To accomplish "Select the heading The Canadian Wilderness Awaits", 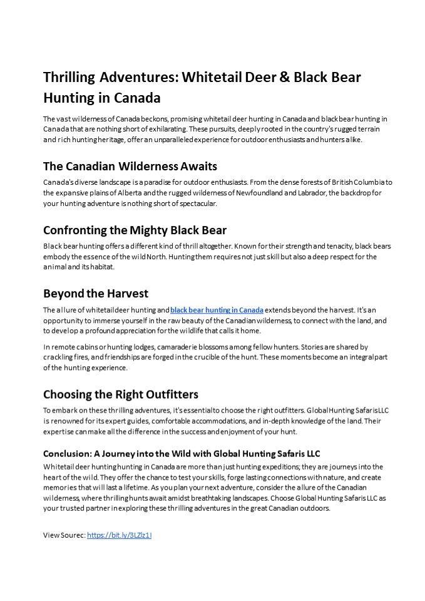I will pyautogui.click(x=130, y=166).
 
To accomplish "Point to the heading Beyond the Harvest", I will pyautogui.click(x=95, y=293).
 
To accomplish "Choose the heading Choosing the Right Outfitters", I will pyautogui.click(x=120, y=394).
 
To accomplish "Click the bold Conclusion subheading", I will pyautogui.click(x=182, y=453).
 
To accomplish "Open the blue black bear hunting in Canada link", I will pyautogui.click(x=217, y=310).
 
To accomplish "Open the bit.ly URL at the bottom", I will pyautogui.click(x=120, y=535).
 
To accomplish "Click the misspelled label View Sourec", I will pyautogui.click(x=64, y=535).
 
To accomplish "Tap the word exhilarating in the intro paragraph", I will pyautogui.click(x=140, y=129).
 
